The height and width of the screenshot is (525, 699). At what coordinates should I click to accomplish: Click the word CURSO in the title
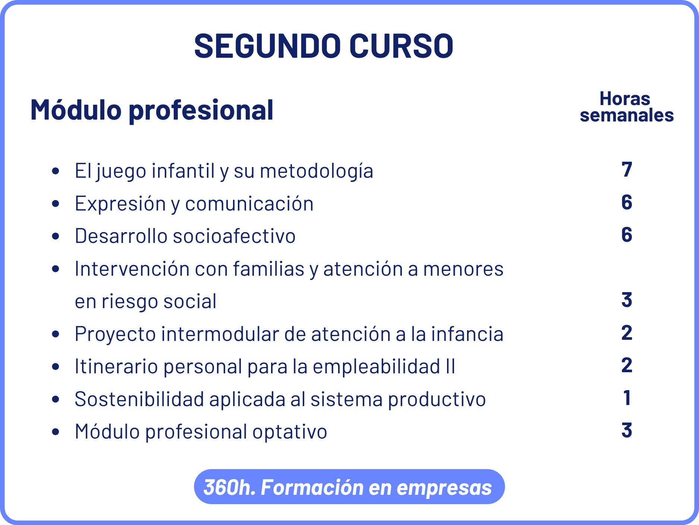[x=401, y=46]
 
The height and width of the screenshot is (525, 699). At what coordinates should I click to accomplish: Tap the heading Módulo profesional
[x=152, y=110]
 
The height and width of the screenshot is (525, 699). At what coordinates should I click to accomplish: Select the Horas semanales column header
[x=626, y=107]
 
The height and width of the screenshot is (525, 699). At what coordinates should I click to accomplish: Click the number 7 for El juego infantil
[x=627, y=170]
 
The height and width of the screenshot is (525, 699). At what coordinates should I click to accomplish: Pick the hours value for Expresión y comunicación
[x=627, y=202]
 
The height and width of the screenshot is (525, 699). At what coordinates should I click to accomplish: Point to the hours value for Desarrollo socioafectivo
[x=627, y=235]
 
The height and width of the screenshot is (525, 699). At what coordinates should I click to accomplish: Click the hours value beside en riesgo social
[x=627, y=300]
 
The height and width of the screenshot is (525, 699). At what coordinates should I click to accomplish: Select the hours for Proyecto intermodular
[x=627, y=333]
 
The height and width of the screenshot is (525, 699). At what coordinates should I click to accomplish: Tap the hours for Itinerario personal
[x=627, y=365]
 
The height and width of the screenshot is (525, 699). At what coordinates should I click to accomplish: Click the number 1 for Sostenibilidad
[x=627, y=398]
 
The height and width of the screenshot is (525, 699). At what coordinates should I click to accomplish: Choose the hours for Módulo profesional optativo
[x=627, y=430]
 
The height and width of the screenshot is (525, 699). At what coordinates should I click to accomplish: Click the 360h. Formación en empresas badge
[x=349, y=487]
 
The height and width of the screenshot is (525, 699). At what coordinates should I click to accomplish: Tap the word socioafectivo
[x=234, y=236]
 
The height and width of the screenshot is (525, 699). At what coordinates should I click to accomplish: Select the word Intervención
[x=132, y=269]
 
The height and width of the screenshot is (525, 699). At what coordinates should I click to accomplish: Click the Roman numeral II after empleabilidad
[x=450, y=366]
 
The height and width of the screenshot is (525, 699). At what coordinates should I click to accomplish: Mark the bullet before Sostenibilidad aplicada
[x=56, y=399]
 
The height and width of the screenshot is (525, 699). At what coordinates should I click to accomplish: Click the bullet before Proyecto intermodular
[x=56, y=334]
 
